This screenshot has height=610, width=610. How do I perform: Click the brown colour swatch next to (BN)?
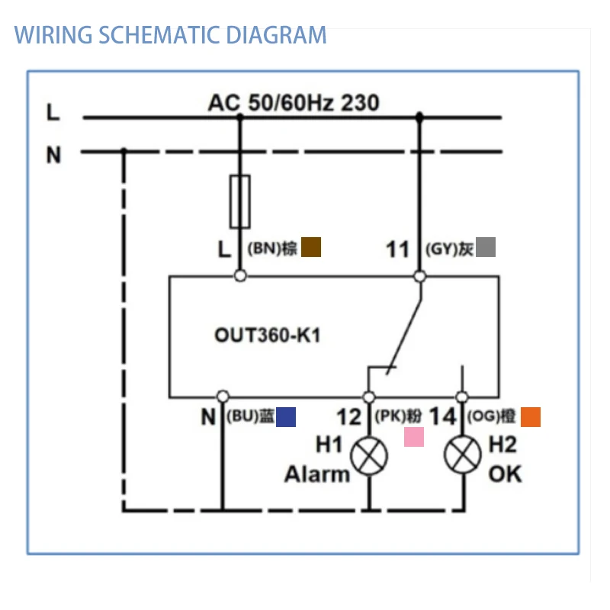(x=311, y=247)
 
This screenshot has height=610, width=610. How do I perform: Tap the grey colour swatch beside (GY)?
(x=486, y=247)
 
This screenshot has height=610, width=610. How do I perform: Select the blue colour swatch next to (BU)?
(x=286, y=416)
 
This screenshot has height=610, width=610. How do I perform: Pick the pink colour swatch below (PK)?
(x=413, y=437)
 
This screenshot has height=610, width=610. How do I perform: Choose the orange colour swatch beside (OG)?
(x=531, y=417)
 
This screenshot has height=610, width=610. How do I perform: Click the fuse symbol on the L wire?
(x=240, y=201)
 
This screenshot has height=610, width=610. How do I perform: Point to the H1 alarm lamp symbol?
(x=369, y=457)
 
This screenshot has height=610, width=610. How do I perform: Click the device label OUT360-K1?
(x=267, y=335)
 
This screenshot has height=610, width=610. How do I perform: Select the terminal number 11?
(x=398, y=249)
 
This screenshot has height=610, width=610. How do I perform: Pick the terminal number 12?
(x=349, y=417)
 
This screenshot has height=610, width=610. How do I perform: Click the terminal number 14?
(x=442, y=417)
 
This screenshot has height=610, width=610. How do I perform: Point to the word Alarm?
(x=317, y=474)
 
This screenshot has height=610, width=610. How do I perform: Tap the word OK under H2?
(x=505, y=474)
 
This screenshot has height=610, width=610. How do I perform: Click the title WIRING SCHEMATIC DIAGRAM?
(x=171, y=35)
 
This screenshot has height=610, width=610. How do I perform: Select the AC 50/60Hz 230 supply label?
(x=294, y=102)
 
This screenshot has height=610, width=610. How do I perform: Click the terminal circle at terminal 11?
(x=419, y=276)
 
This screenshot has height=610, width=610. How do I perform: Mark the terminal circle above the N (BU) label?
(x=223, y=396)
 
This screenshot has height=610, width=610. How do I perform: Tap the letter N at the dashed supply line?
(x=53, y=155)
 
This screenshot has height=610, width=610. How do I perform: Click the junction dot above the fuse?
(x=240, y=117)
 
